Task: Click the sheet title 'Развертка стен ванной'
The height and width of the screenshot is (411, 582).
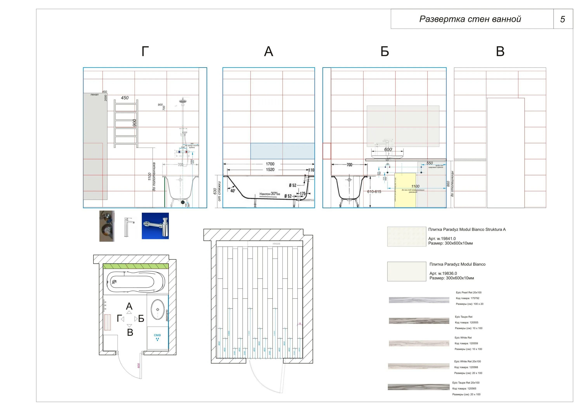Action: [470, 19]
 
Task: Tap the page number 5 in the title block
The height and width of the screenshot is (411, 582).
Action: [562, 19]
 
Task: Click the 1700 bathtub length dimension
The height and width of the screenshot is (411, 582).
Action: [270, 164]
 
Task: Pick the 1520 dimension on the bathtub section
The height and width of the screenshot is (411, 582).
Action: [270, 170]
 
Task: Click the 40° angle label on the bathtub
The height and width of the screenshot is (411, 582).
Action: [233, 191]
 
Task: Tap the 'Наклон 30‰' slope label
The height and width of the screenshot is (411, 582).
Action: [269, 194]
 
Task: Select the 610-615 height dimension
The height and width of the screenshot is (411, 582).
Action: [374, 192]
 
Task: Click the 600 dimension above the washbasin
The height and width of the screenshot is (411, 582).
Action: [388, 149]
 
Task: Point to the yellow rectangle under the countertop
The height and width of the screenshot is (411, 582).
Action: [405, 190]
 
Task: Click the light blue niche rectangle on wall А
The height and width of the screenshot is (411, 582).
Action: [282, 151]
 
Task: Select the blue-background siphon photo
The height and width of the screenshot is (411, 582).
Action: [155, 226]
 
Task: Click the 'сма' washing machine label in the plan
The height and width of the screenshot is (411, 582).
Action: [157, 335]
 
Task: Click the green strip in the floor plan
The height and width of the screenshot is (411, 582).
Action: [136, 266]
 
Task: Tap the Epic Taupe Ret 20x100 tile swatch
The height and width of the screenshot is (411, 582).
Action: [418, 387]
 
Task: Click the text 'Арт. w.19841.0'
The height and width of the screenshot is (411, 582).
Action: [442, 239]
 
